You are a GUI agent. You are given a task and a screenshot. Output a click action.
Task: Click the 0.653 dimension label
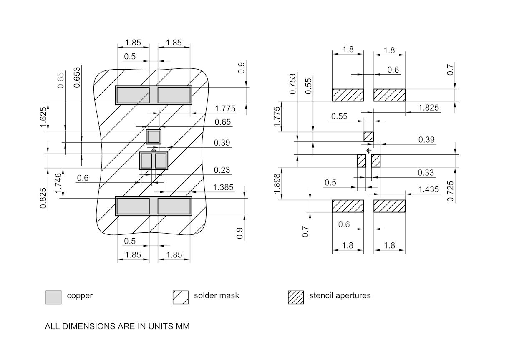[77, 78]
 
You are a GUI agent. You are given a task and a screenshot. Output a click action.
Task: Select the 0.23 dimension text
[222, 170]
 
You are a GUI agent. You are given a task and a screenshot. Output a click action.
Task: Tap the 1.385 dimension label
[223, 188]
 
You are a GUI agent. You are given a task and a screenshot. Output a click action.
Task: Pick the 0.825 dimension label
[44, 198]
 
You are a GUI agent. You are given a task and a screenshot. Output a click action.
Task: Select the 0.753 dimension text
[292, 84]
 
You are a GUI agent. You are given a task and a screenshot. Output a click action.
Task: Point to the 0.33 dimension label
[426, 173]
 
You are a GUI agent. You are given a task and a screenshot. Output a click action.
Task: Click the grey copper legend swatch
[53, 297]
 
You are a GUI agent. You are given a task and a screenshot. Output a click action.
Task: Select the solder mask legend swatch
[181, 297]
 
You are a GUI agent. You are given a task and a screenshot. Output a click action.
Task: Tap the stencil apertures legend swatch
[296, 297]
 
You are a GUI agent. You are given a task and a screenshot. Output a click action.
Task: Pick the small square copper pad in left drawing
[154, 136]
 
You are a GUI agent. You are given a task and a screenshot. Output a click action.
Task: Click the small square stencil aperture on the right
[368, 136]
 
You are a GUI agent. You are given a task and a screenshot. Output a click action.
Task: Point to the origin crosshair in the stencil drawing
[368, 150]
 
